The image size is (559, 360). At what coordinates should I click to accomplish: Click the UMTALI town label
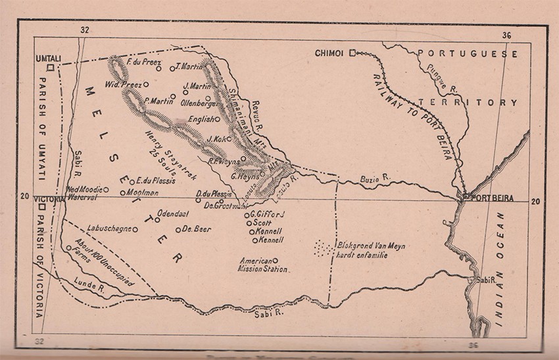tap(47, 59)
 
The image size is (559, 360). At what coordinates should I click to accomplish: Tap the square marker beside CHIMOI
tap(352, 52)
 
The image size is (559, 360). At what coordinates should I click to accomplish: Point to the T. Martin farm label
tap(191, 66)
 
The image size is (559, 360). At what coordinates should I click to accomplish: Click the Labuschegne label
tap(109, 230)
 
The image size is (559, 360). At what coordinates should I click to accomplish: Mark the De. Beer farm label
tap(195, 230)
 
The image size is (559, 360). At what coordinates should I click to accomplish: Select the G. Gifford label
tap(269, 214)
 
